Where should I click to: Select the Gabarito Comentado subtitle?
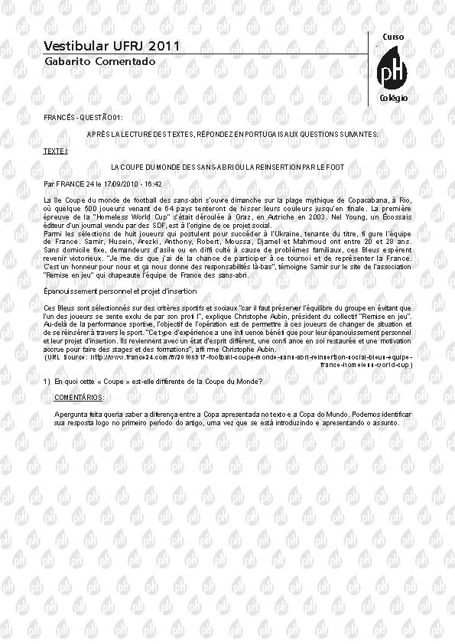pyautogui.click(x=89, y=60)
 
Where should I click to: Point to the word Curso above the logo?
pyautogui.click(x=392, y=37)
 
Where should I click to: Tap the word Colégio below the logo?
pyautogui.click(x=394, y=99)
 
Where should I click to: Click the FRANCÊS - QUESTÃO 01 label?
pyautogui.click(x=83, y=117)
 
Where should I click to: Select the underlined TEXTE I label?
pyautogui.click(x=56, y=151)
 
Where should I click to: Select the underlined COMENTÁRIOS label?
pyautogui.click(x=79, y=398)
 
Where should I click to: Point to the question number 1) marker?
pyautogui.click(x=47, y=381)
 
